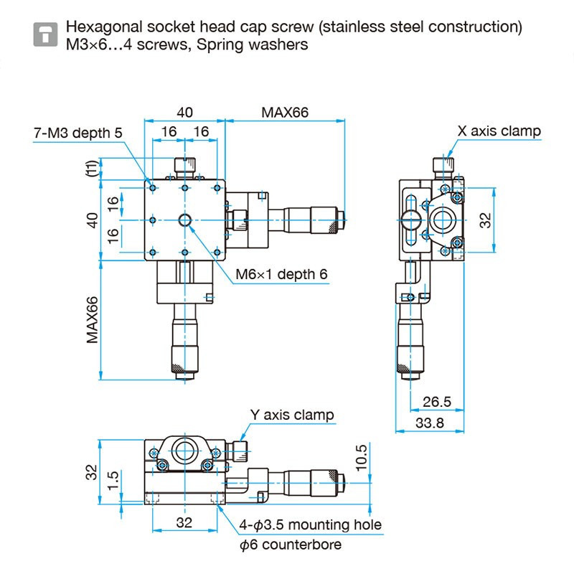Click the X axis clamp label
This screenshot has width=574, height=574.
[x=499, y=131]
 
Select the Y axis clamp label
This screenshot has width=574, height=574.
[x=291, y=415]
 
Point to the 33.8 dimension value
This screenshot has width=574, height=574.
[x=430, y=423]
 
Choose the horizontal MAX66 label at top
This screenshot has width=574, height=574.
[x=285, y=113]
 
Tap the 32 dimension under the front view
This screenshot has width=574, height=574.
[x=184, y=522]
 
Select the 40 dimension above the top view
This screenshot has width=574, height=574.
[x=185, y=113]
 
